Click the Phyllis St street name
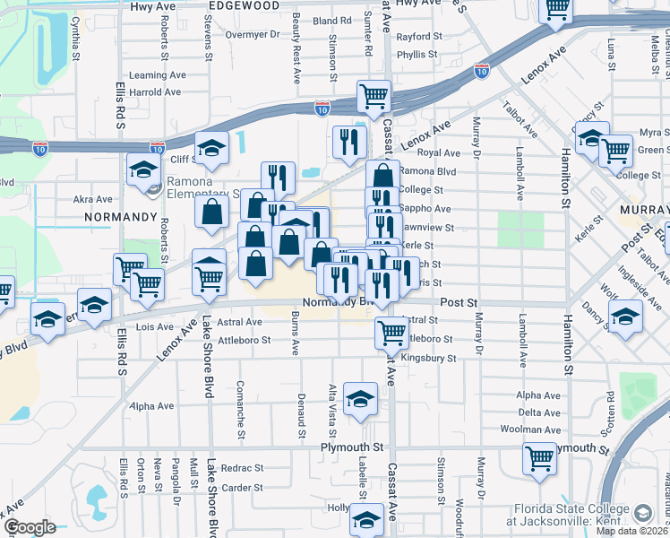pos(417,54)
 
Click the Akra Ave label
pos(92,198)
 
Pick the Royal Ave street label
pos(438,152)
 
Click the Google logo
pos(30,527)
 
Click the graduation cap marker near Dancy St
pos(624,315)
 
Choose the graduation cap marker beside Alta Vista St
pos(360,399)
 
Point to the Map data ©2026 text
pos(631,531)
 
